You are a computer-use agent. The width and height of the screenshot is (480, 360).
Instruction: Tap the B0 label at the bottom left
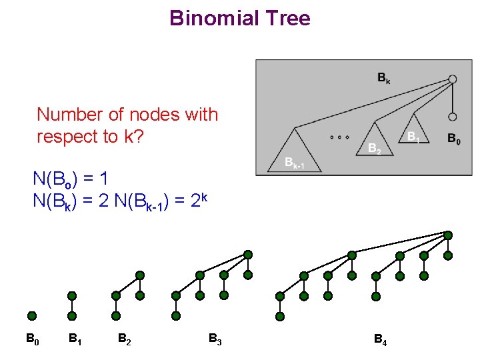[x=32, y=339]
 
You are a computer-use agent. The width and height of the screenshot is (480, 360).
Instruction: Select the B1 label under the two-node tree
[x=75, y=339]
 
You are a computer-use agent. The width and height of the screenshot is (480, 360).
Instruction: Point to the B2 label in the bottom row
[x=124, y=339]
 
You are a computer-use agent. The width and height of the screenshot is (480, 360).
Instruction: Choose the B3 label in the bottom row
[x=215, y=339]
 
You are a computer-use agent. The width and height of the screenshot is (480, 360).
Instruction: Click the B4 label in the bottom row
[x=380, y=341]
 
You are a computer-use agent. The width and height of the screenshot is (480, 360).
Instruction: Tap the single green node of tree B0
[x=32, y=316]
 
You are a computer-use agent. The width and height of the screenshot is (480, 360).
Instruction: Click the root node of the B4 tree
[x=448, y=235]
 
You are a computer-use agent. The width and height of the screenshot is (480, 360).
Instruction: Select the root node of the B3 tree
[x=248, y=255]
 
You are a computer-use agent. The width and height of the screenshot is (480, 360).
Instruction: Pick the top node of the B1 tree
[x=72, y=295]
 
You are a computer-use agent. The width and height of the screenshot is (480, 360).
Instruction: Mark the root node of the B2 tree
[x=140, y=275]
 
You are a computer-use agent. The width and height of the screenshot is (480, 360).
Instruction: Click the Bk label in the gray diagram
[x=384, y=79]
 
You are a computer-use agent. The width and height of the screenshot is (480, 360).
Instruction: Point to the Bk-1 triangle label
[x=294, y=163]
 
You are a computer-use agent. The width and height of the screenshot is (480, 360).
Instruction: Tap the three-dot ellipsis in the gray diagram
[x=340, y=137]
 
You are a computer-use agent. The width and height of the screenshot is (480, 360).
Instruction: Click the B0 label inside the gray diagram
[x=453, y=139]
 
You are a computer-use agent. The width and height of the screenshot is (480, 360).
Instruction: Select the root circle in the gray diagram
[x=453, y=79]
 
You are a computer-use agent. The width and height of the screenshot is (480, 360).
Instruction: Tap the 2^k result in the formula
[x=201, y=199]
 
